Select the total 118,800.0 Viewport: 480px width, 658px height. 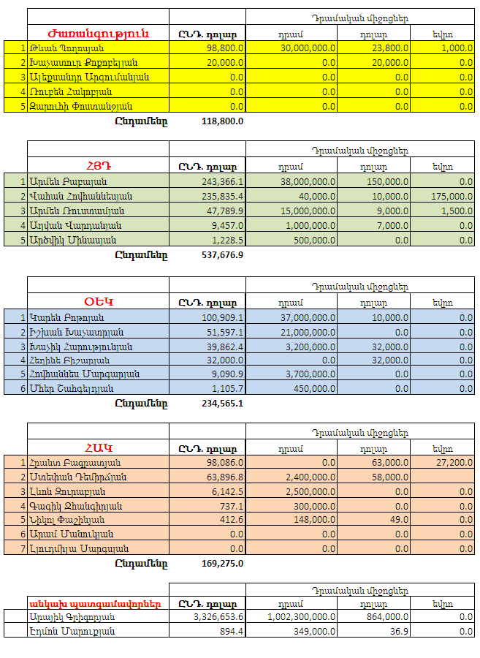(x=222, y=121)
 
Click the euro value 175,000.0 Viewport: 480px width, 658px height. (x=452, y=196)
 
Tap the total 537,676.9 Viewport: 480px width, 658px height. (x=222, y=255)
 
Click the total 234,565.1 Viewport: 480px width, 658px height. (x=222, y=403)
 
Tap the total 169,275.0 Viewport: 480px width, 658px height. (x=222, y=564)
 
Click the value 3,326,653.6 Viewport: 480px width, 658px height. (x=218, y=617)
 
